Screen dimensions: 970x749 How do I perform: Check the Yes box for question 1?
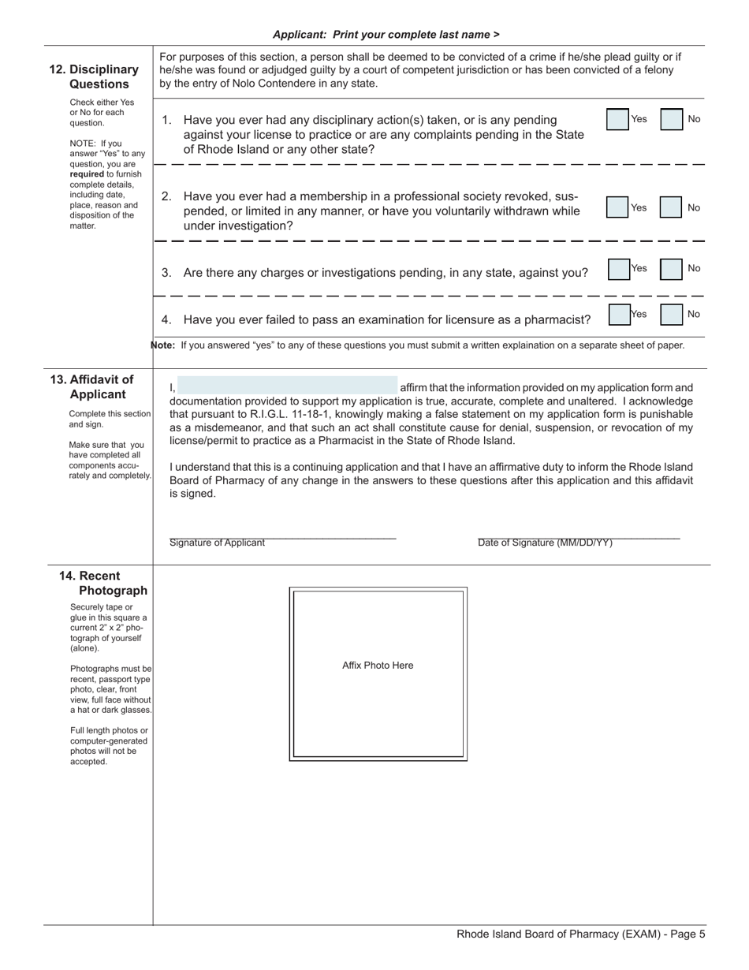point(617,119)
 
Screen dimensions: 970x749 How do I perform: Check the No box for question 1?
point(671,119)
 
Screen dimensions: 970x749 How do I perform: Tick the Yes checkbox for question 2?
point(617,207)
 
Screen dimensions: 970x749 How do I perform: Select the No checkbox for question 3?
point(671,269)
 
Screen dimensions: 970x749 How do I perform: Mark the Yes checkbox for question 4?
point(619,315)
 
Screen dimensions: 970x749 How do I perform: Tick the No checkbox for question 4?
point(671,315)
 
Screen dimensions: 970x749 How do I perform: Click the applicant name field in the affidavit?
point(288,386)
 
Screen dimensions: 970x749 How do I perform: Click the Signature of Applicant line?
point(282,536)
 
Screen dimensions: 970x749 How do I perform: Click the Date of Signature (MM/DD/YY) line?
point(578,536)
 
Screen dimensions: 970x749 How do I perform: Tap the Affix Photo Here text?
point(378,666)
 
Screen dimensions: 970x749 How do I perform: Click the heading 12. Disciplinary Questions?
point(95,76)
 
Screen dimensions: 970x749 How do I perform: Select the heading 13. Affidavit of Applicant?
point(93,387)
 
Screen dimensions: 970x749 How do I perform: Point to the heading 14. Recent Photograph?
point(102,583)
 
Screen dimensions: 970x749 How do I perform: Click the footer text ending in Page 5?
point(581,935)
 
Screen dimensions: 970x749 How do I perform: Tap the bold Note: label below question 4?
point(163,345)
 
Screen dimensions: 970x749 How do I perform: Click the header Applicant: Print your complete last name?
point(386,35)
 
